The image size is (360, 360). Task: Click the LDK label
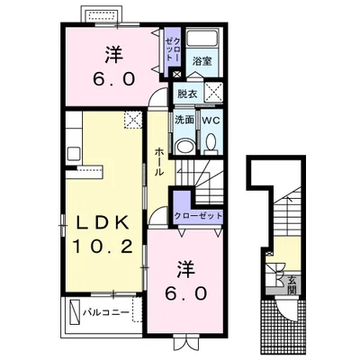(x=101, y=223)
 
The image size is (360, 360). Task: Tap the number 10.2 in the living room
(x=103, y=247)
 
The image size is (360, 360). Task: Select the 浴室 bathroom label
(x=202, y=61)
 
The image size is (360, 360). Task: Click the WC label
(x=211, y=121)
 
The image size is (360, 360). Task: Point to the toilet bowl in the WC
(x=211, y=142)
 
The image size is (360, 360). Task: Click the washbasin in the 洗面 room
(x=184, y=147)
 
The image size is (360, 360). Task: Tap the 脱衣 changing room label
(x=187, y=94)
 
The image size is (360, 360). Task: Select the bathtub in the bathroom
(x=202, y=38)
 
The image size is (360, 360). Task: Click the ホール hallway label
(x=159, y=162)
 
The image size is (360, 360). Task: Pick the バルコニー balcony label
(x=106, y=312)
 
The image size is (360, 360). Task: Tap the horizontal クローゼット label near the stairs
(x=199, y=216)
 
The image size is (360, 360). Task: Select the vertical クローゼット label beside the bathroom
(x=173, y=49)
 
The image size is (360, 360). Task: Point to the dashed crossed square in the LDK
(x=133, y=120)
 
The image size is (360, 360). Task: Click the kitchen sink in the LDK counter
(x=74, y=154)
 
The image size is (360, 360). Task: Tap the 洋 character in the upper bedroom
(x=114, y=54)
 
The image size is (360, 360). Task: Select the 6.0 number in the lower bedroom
(x=185, y=292)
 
